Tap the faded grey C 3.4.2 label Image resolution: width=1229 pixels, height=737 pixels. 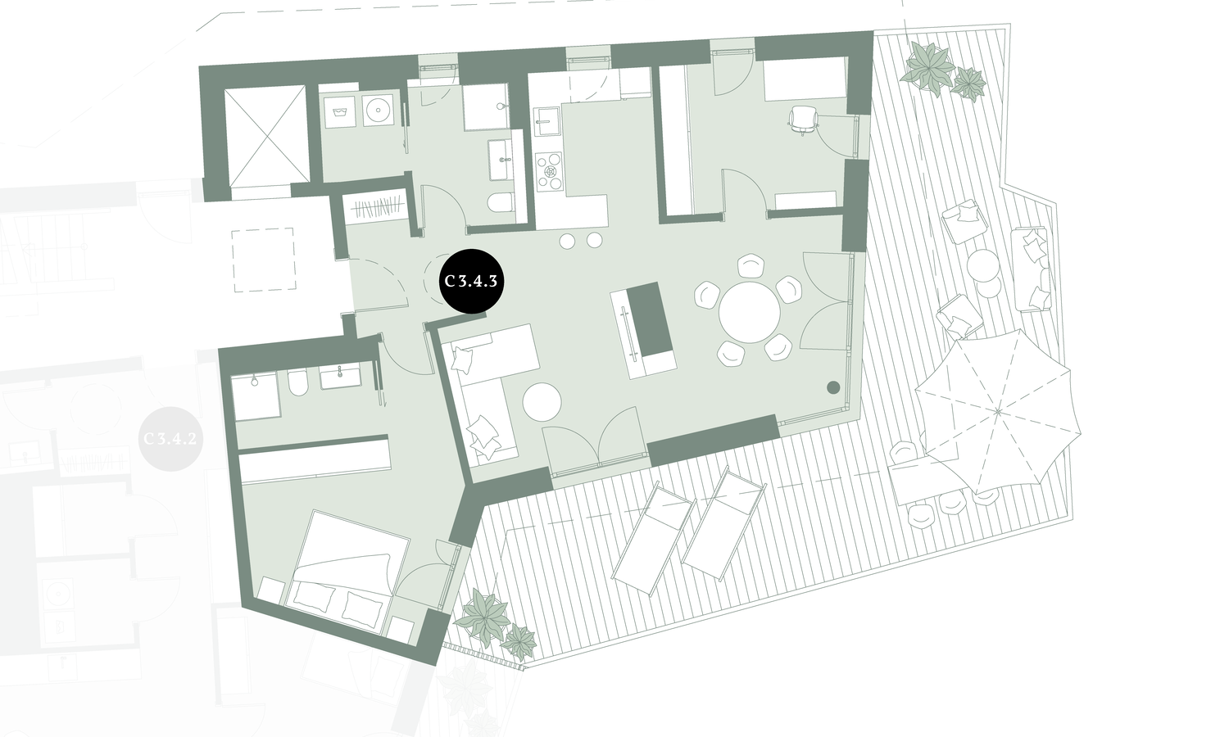click(170, 438)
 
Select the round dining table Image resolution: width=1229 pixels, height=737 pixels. click(750, 312)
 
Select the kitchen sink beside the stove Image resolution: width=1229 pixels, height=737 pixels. click(544, 124)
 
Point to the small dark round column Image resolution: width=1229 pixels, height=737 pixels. click(833, 387)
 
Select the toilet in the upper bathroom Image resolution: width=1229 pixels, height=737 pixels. click(500, 203)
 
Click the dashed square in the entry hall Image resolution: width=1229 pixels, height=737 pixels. click(262, 260)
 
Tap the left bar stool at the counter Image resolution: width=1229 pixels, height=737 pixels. click(567, 240)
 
